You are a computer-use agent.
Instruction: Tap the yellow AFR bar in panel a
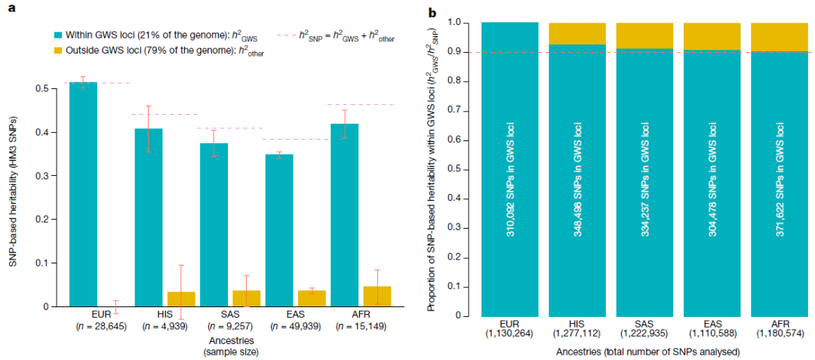[377, 297]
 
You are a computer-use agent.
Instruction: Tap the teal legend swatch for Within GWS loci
[58, 35]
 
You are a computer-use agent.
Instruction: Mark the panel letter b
[454, 13]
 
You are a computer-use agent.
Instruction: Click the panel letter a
[11, 13]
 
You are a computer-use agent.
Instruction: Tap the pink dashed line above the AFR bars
[362, 104]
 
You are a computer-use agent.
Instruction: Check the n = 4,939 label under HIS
[164, 326]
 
